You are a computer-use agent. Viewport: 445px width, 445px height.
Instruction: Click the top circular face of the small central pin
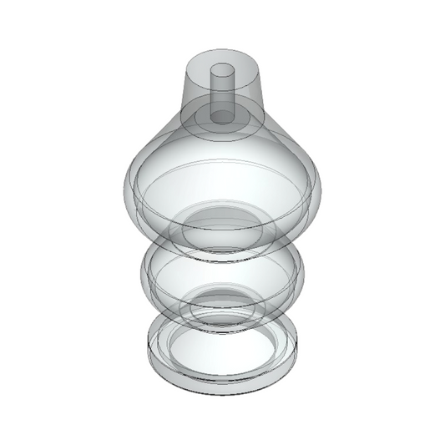click(x=222, y=71)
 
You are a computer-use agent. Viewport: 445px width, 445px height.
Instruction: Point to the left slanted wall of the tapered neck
click(x=188, y=92)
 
